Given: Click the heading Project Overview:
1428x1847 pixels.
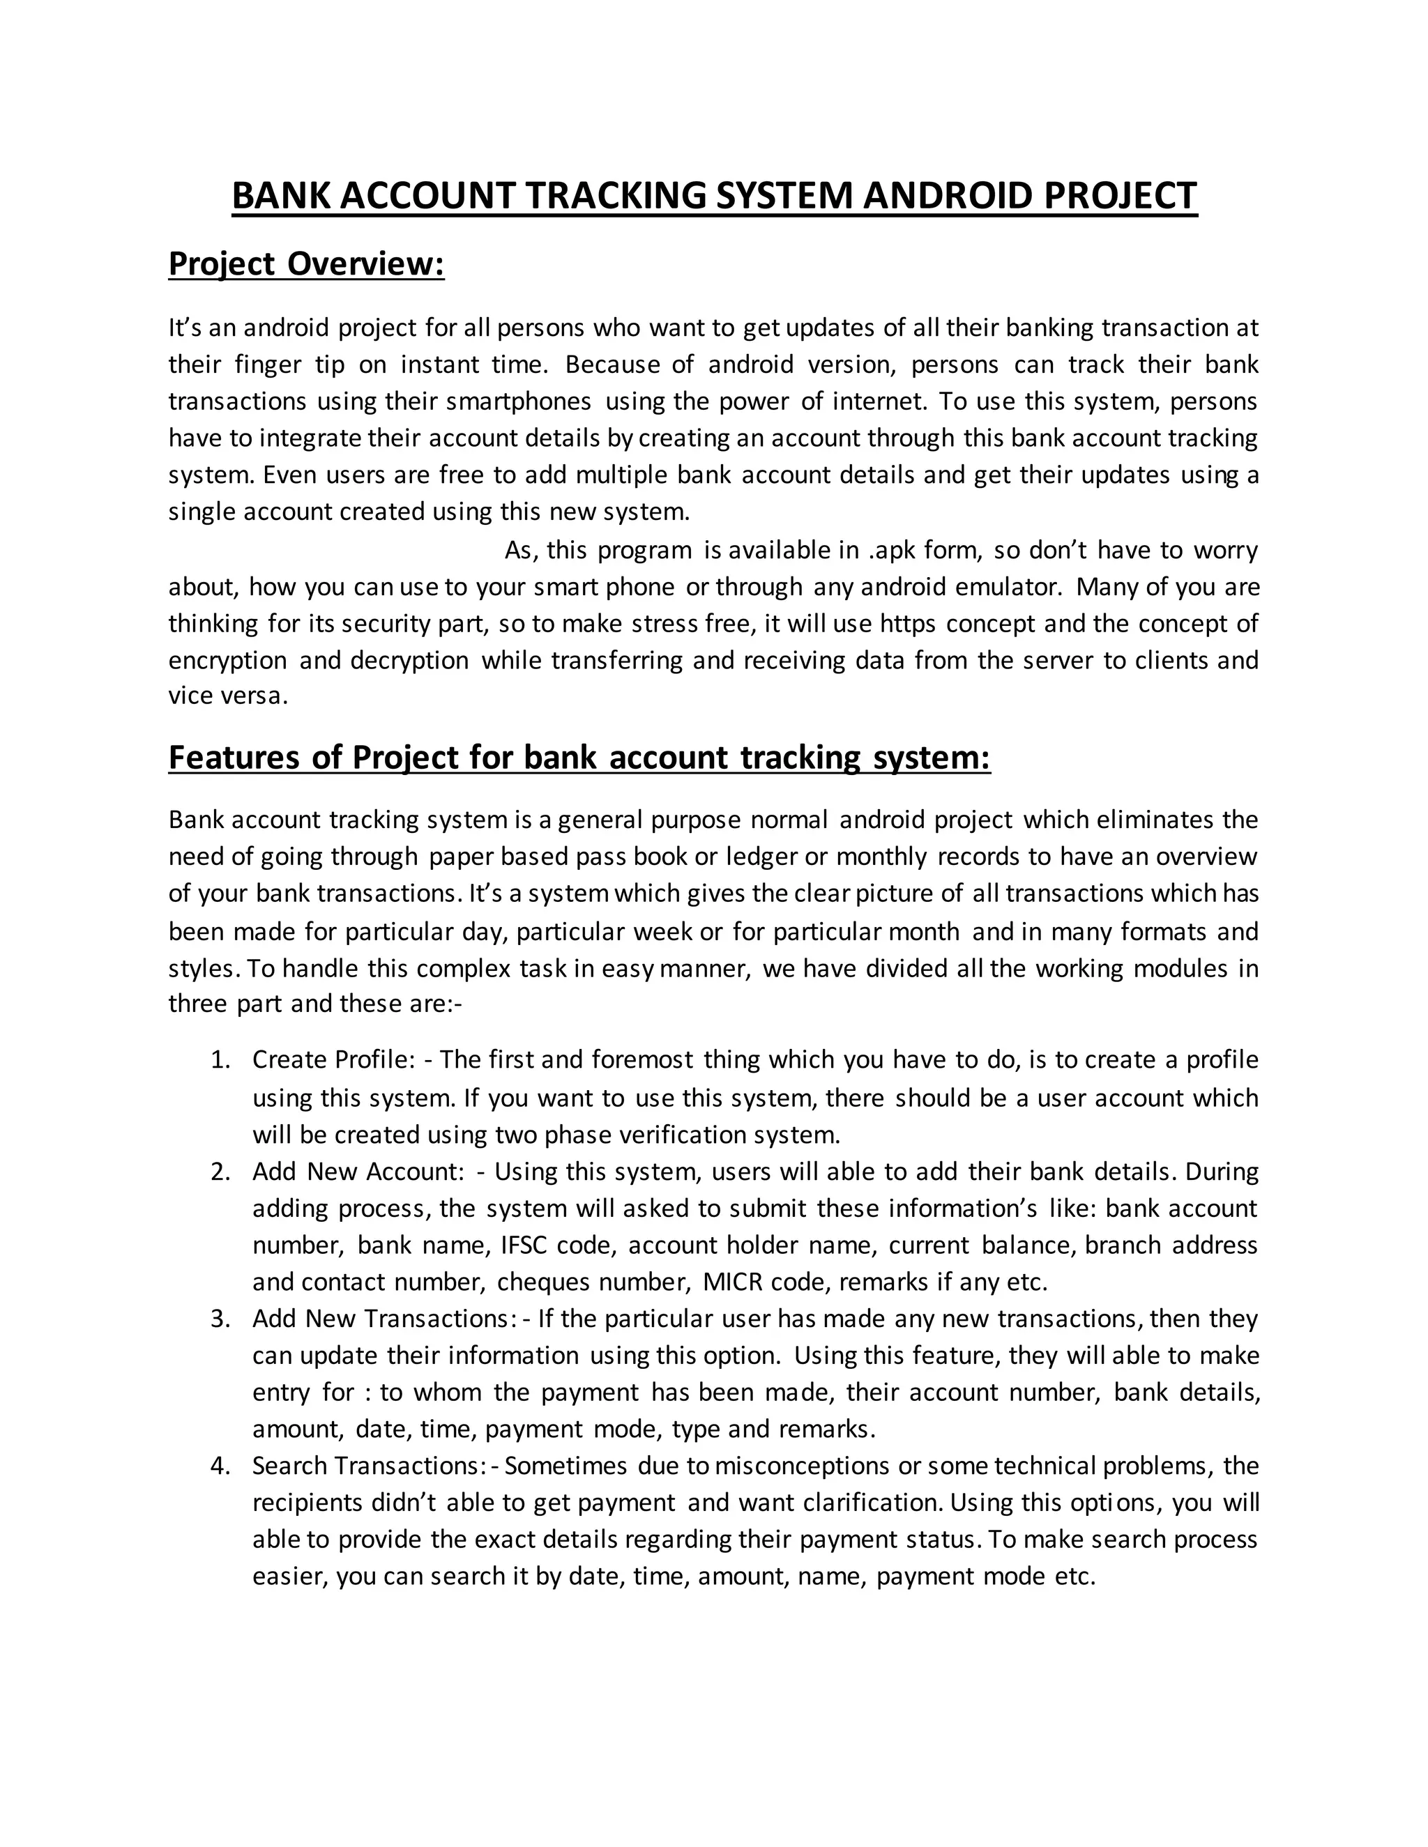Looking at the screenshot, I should (306, 264).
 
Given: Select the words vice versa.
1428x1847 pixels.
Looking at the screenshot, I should (227, 697).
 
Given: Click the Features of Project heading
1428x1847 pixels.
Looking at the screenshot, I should (579, 757).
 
